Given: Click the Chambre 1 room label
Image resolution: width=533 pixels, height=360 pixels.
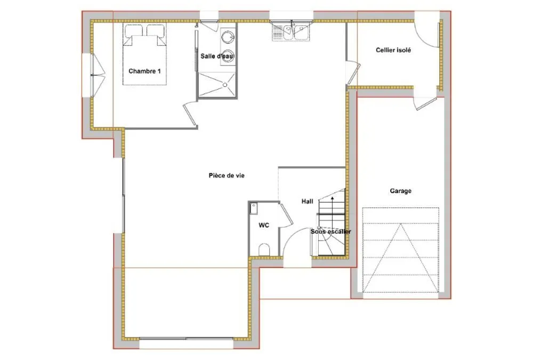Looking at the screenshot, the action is [144, 71].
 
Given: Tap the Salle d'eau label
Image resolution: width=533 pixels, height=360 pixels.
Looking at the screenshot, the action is [217, 56].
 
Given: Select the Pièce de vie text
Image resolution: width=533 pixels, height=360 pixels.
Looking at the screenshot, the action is [227, 175].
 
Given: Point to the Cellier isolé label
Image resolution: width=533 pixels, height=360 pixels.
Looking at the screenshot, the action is [393, 50].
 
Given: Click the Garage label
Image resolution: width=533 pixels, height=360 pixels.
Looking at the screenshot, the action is [400, 191].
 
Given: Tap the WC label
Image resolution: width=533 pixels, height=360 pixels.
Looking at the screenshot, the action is [264, 225].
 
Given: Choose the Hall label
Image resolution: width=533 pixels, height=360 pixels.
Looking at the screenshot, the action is [308, 202].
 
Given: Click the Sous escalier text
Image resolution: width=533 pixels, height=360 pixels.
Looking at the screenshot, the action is [331, 231].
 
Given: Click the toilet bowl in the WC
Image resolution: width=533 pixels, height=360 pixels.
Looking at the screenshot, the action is [264, 250].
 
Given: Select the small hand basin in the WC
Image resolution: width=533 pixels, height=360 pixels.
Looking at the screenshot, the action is [254, 209].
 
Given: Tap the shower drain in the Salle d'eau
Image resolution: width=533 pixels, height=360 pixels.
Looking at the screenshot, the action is [225, 85].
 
